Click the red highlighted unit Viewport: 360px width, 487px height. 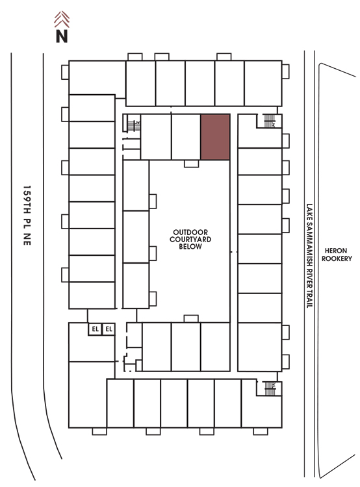(215, 137)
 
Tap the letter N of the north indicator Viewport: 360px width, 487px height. (62, 36)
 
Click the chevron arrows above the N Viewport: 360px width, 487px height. (62, 19)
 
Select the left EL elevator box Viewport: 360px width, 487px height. (95, 329)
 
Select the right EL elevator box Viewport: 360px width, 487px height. (109, 329)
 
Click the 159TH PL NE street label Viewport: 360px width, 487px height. (27, 216)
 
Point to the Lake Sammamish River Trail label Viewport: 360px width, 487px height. (309, 256)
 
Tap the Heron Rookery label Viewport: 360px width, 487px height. (337, 255)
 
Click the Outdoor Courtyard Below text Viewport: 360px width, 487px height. (190, 240)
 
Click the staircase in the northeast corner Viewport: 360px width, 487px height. (270, 121)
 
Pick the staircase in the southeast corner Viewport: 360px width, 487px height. (270, 388)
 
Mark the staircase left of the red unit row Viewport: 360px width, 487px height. (134, 126)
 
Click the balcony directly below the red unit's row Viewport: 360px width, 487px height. (191, 164)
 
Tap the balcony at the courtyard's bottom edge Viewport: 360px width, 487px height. (191, 319)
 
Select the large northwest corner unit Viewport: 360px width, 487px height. (97, 78)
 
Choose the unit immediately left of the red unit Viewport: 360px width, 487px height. (186, 137)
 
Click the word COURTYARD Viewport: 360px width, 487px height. (190, 240)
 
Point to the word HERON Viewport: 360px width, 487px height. (336, 251)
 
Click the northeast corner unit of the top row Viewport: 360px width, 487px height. (263, 83)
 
